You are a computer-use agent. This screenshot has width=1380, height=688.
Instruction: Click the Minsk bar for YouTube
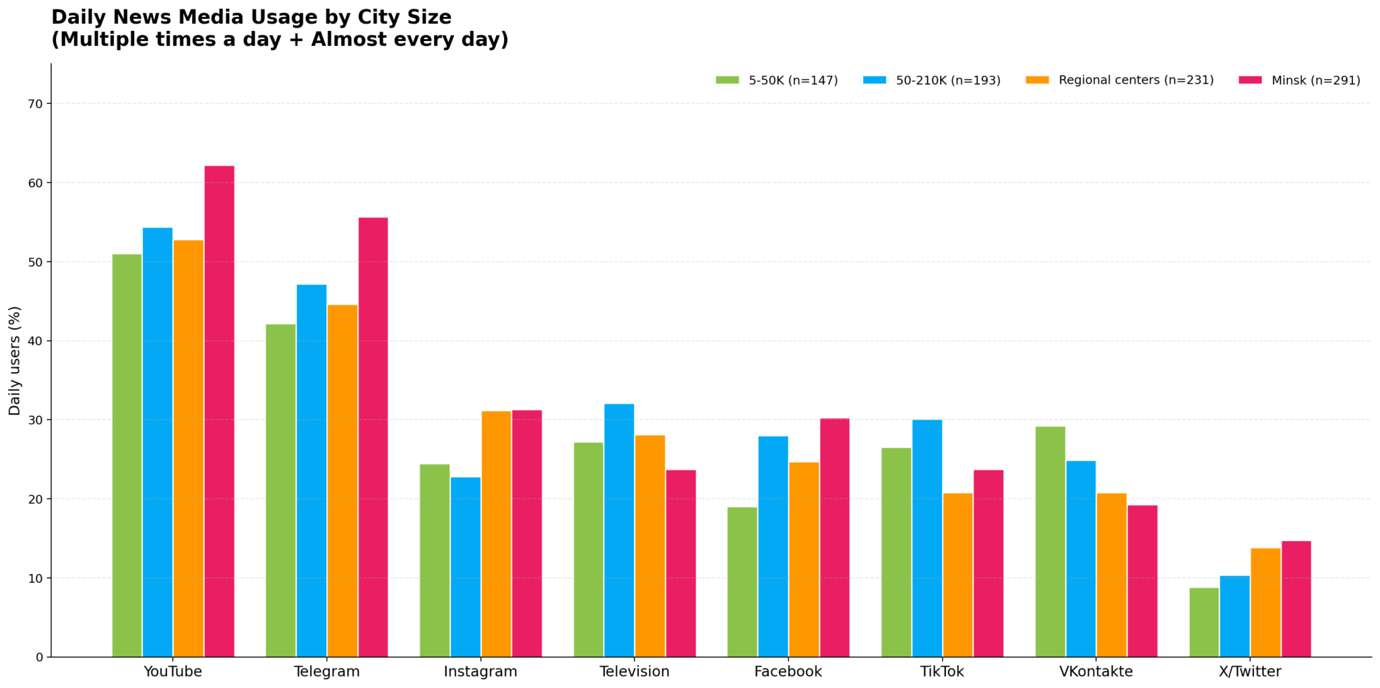pyautogui.click(x=219, y=411)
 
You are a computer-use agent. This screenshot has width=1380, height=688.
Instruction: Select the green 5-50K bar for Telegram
pyautogui.click(x=280, y=491)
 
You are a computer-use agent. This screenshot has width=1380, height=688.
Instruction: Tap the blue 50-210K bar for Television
pyautogui.click(x=619, y=530)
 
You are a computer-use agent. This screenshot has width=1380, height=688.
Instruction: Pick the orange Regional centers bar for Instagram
pyautogui.click(x=496, y=534)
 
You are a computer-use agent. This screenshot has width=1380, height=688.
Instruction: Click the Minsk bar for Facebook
pyautogui.click(x=835, y=538)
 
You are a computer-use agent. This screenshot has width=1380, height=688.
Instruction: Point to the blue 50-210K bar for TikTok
pyautogui.click(x=927, y=538)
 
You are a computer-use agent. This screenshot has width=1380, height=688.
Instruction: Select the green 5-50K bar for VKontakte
pyautogui.click(x=1050, y=542)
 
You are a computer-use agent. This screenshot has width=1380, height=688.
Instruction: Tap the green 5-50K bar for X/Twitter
pyautogui.click(x=1204, y=622)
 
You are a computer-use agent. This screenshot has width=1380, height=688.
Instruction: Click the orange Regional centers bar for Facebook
pyautogui.click(x=804, y=559)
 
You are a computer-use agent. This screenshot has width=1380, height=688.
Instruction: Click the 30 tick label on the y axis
pyautogui.click(x=36, y=420)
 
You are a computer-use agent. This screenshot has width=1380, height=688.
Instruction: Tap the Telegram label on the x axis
pyautogui.click(x=327, y=672)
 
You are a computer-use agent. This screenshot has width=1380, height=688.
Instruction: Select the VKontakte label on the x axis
pyautogui.click(x=1096, y=672)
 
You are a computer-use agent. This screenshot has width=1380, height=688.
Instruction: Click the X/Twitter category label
pyautogui.click(x=1250, y=672)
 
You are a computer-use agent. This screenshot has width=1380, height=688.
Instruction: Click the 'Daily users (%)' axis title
pyautogui.click(x=15, y=361)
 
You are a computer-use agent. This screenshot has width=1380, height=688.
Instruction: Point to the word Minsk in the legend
pyautogui.click(x=1288, y=80)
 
